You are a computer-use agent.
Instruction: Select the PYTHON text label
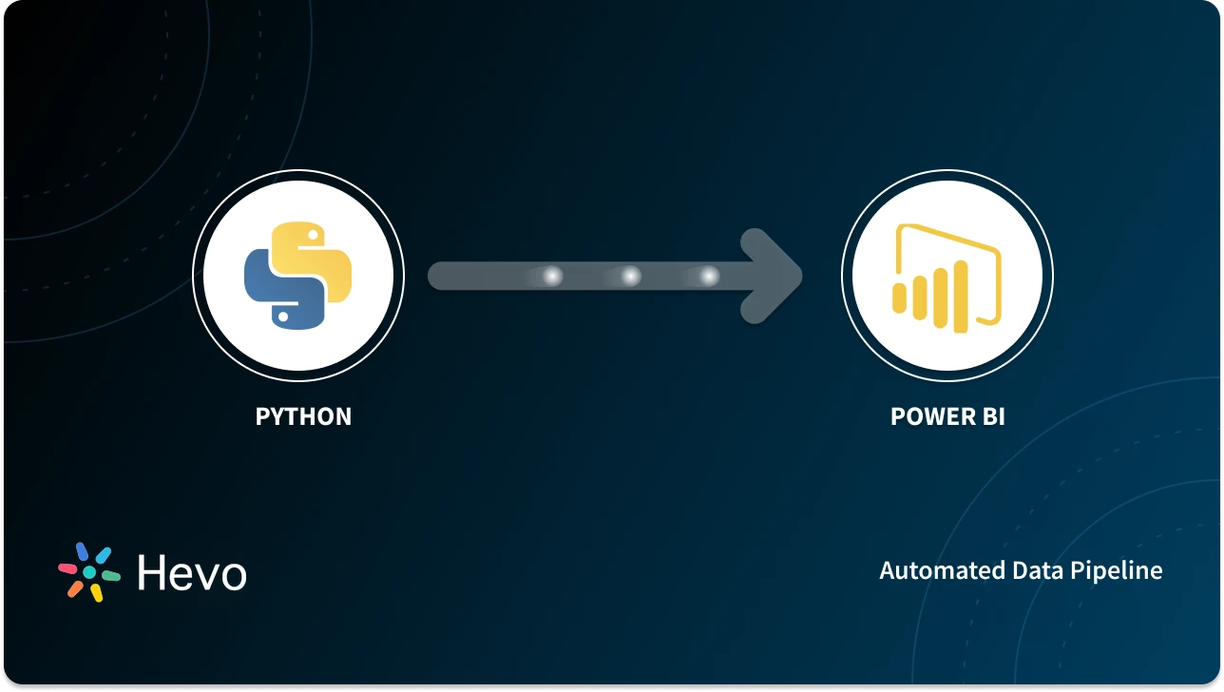tap(303, 416)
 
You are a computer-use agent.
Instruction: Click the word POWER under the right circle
tap(926, 416)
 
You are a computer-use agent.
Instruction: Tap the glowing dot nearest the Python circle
tap(552, 277)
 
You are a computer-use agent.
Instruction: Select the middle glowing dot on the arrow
tap(630, 277)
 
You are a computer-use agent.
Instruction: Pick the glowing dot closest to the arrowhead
tap(709, 277)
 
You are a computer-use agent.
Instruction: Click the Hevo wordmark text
tap(192, 572)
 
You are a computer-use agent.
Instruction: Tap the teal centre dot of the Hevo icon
tap(89, 572)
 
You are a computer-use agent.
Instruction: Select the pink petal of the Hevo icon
tap(67, 567)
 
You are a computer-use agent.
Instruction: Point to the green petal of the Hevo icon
tap(110, 576)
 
